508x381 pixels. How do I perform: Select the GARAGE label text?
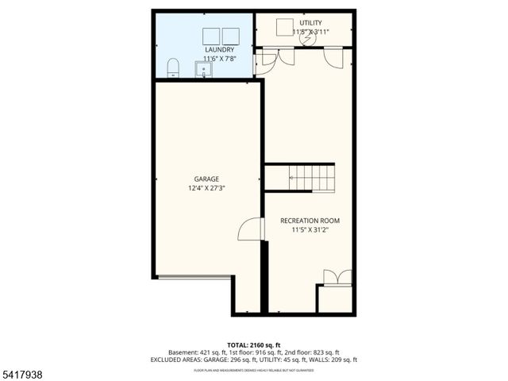206,179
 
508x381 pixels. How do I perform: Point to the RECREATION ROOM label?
310,220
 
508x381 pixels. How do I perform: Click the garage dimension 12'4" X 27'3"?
206,189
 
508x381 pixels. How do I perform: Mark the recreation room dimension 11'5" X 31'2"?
310,230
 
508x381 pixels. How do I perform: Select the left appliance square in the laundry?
211,37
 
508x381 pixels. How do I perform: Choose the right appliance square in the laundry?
231,37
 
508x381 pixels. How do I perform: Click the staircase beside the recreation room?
312,177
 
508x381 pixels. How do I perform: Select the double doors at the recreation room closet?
336,277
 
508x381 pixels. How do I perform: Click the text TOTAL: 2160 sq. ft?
254,344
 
